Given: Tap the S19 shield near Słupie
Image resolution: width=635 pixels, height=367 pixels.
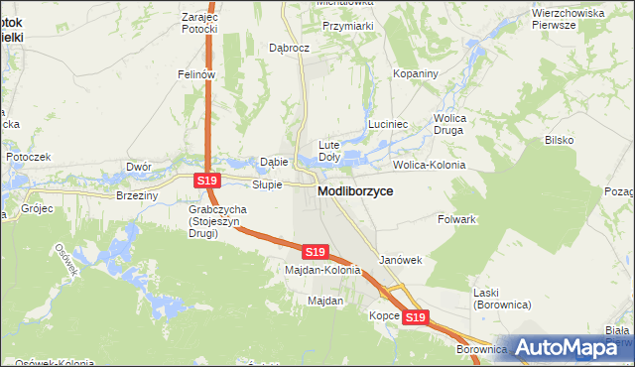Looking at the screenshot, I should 205,181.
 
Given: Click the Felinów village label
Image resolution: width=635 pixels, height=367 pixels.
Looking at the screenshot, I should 196,74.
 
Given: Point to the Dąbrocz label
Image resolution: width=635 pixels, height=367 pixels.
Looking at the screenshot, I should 291,48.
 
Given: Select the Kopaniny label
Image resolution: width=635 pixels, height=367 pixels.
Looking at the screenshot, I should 415,74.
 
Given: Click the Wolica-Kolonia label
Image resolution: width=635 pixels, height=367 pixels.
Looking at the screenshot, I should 430,165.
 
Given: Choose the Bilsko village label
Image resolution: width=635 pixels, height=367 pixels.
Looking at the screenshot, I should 559,141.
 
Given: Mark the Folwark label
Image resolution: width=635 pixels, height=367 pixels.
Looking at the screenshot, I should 459,218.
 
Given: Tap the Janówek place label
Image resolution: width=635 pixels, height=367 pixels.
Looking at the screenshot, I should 401,260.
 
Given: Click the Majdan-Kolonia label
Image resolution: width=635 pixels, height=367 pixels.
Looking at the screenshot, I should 321,270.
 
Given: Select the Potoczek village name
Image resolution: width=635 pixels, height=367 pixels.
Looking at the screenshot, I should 28,158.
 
